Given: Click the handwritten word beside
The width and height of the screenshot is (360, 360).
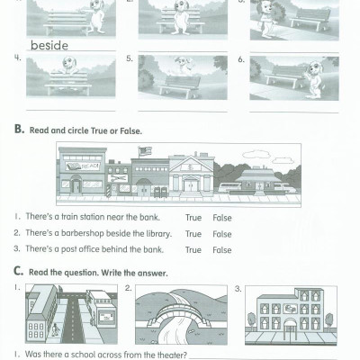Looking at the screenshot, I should [x=49, y=43].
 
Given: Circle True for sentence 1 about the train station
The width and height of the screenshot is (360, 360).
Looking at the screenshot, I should [x=193, y=217].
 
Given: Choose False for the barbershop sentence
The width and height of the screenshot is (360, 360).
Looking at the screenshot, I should [x=221, y=233].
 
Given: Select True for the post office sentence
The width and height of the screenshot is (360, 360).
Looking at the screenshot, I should [x=193, y=249].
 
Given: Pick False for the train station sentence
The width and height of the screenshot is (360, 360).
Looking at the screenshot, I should [x=221, y=217].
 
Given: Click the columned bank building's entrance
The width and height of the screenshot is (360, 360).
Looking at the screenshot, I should [x=189, y=185].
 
